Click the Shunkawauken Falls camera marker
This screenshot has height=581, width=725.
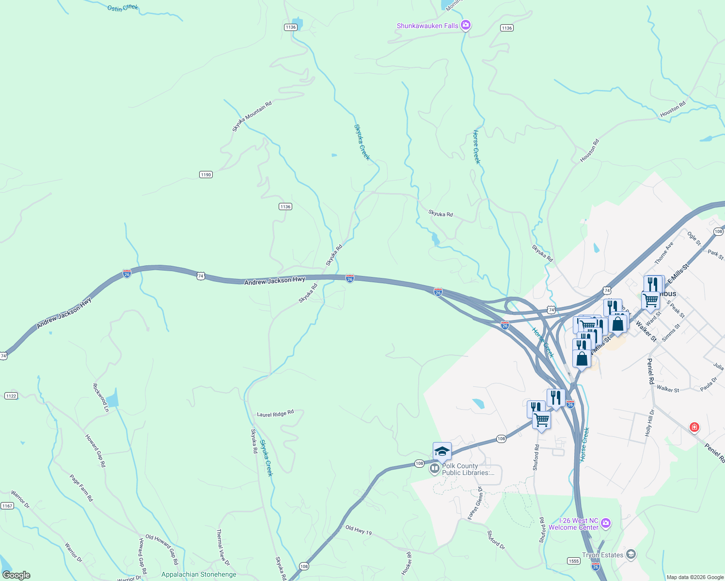(466, 25)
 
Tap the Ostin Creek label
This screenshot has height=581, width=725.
(123, 8)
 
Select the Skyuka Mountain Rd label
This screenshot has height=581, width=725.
(252, 116)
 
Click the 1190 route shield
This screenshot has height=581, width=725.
(206, 175)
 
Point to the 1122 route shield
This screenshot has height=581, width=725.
(11, 396)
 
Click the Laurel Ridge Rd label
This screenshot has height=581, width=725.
(275, 414)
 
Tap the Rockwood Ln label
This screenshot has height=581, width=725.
(100, 398)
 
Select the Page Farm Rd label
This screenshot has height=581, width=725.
(81, 488)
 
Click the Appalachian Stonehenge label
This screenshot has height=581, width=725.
(199, 575)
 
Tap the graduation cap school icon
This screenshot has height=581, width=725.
(442, 452)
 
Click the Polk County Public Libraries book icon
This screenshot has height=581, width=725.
(435, 468)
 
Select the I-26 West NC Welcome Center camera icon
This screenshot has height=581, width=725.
(606, 523)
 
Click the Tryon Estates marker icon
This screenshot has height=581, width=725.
(630, 554)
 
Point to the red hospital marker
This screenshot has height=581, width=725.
(694, 427)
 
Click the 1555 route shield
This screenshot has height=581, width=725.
(574, 561)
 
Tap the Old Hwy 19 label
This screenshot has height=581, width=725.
(359, 530)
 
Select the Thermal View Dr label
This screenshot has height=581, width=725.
(223, 548)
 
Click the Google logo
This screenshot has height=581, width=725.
(16, 575)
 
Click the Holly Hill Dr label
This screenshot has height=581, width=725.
(650, 423)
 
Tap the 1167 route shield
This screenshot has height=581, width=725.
(7, 506)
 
